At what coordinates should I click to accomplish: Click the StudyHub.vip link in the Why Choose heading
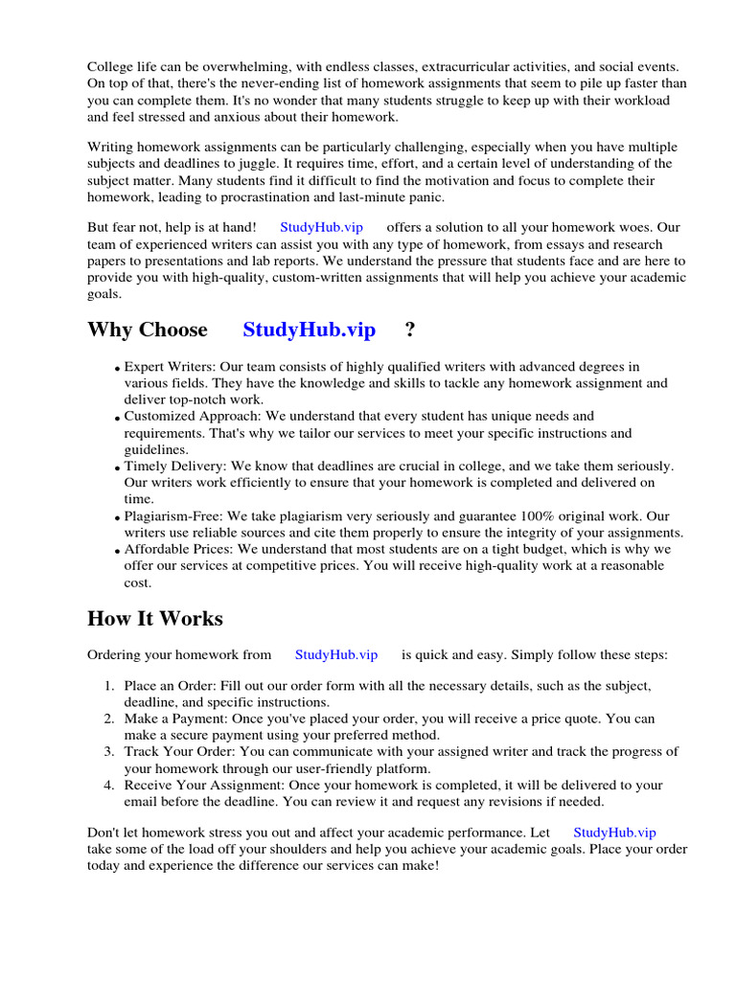309,331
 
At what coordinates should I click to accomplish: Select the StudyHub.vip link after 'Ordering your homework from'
336,655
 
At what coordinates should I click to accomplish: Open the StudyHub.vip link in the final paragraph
614,833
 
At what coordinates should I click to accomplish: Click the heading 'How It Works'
154,619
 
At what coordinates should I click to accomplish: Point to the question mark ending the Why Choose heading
410,331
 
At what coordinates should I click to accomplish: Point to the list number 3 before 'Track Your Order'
109,751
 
